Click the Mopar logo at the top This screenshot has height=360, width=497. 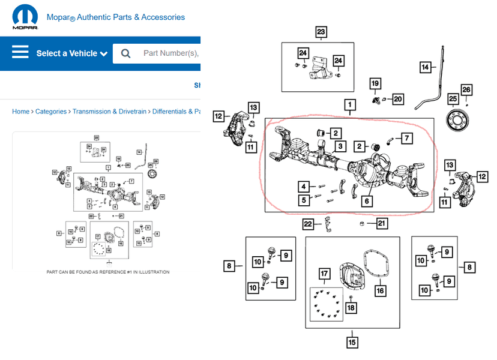pyautogui.click(x=25, y=18)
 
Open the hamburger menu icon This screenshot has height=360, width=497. pyautogui.click(x=20, y=53)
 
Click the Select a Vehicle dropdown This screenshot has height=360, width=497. pyautogui.click(x=71, y=53)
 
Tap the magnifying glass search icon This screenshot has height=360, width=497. pyautogui.click(x=125, y=53)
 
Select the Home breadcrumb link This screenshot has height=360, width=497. pyautogui.click(x=20, y=112)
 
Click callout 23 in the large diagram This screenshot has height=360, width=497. pyautogui.click(x=321, y=32)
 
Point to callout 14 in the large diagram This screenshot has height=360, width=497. pyautogui.click(x=426, y=67)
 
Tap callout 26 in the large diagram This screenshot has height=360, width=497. pyautogui.click(x=466, y=90)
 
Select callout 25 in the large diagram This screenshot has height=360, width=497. pyautogui.click(x=453, y=98)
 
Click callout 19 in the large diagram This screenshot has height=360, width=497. pyautogui.click(x=375, y=83)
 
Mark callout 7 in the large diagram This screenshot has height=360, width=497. pyautogui.click(x=407, y=139)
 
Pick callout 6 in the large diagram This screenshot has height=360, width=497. pyautogui.click(x=366, y=202)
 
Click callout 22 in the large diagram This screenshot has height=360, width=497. pyautogui.click(x=308, y=224)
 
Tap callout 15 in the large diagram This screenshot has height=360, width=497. pyautogui.click(x=352, y=343)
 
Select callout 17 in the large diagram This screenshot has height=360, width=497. pyautogui.click(x=324, y=275)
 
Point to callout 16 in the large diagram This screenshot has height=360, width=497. pyautogui.click(x=380, y=291)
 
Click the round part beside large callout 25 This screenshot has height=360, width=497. pyautogui.click(x=459, y=118)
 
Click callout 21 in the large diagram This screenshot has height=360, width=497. pyautogui.click(x=382, y=224)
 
